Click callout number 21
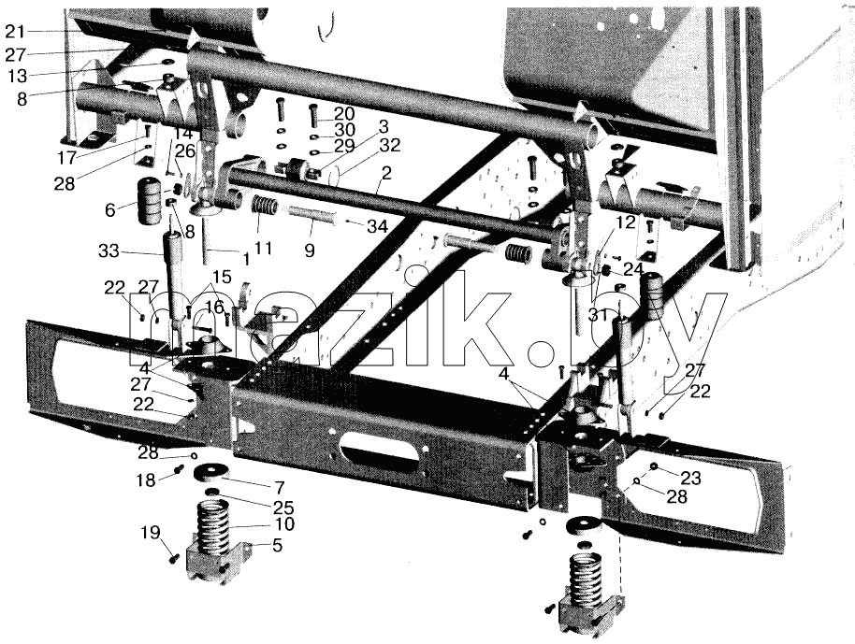coord(15,32)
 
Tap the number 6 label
coord(110,209)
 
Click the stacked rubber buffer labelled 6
coord(149,201)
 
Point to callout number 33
coord(109,251)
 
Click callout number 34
coord(377,226)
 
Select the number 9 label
coord(310,251)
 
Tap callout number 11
coord(263,249)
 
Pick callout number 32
coord(390,145)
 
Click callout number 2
coord(386,173)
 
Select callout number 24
coord(634,269)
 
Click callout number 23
coord(690,478)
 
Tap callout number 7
coord(279,487)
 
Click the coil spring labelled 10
coord(212,527)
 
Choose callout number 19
coord(152,532)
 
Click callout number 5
coord(277,545)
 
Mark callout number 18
coord(146,480)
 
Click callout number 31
coord(599,314)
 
